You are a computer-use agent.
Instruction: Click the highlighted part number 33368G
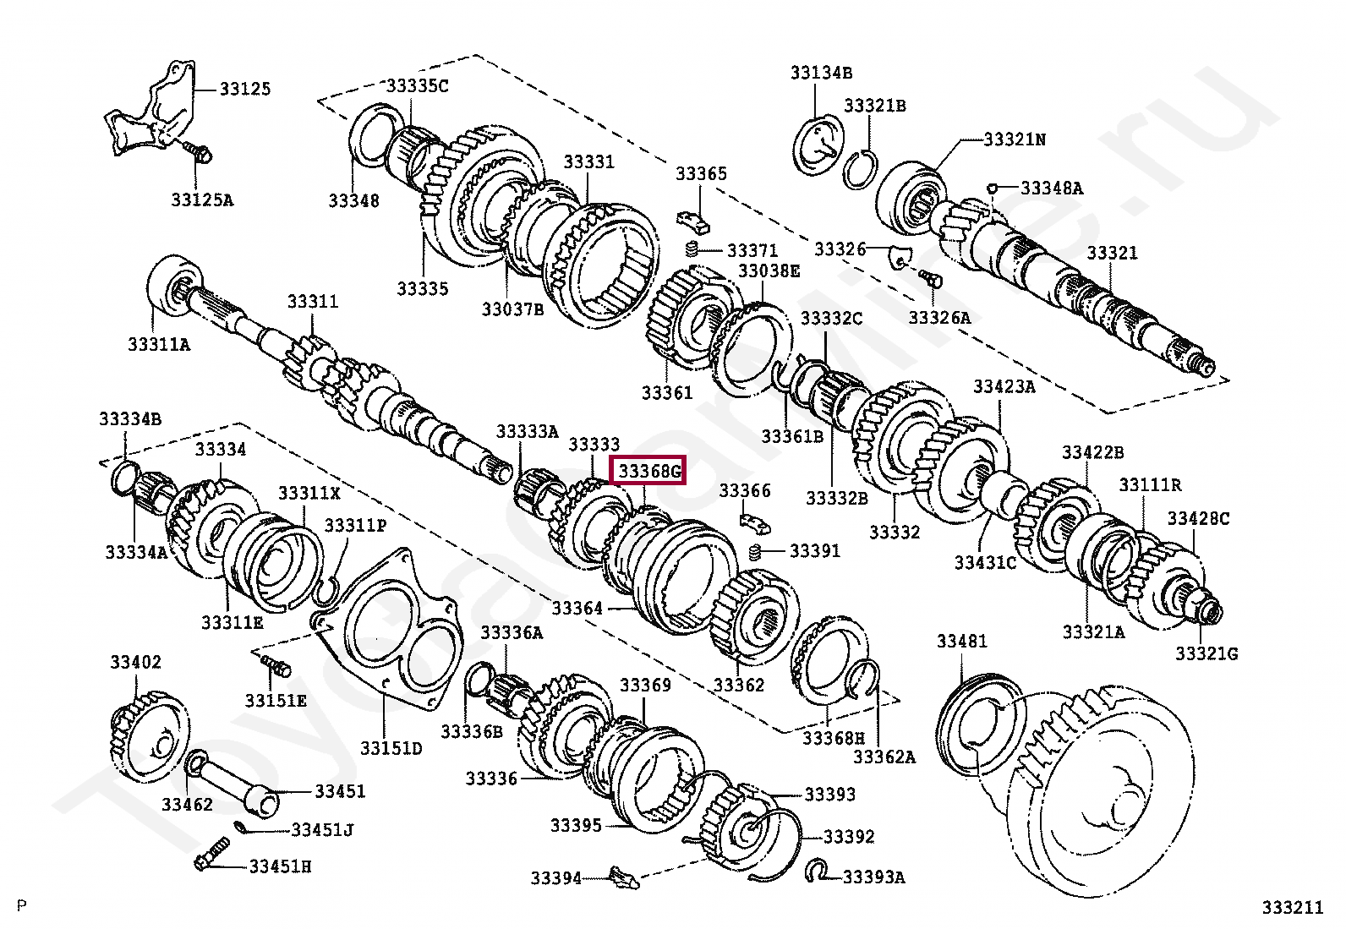(648, 470)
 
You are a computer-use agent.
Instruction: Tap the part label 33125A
(202, 199)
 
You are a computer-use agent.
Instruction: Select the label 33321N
(1014, 139)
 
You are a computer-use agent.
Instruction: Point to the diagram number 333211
(1292, 907)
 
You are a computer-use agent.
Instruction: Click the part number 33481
(961, 642)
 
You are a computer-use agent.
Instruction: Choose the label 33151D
(391, 747)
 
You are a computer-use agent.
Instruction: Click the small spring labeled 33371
(692, 250)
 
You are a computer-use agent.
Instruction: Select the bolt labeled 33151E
(276, 665)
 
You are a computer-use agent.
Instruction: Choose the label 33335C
(418, 85)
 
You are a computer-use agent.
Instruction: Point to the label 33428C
(1198, 518)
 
